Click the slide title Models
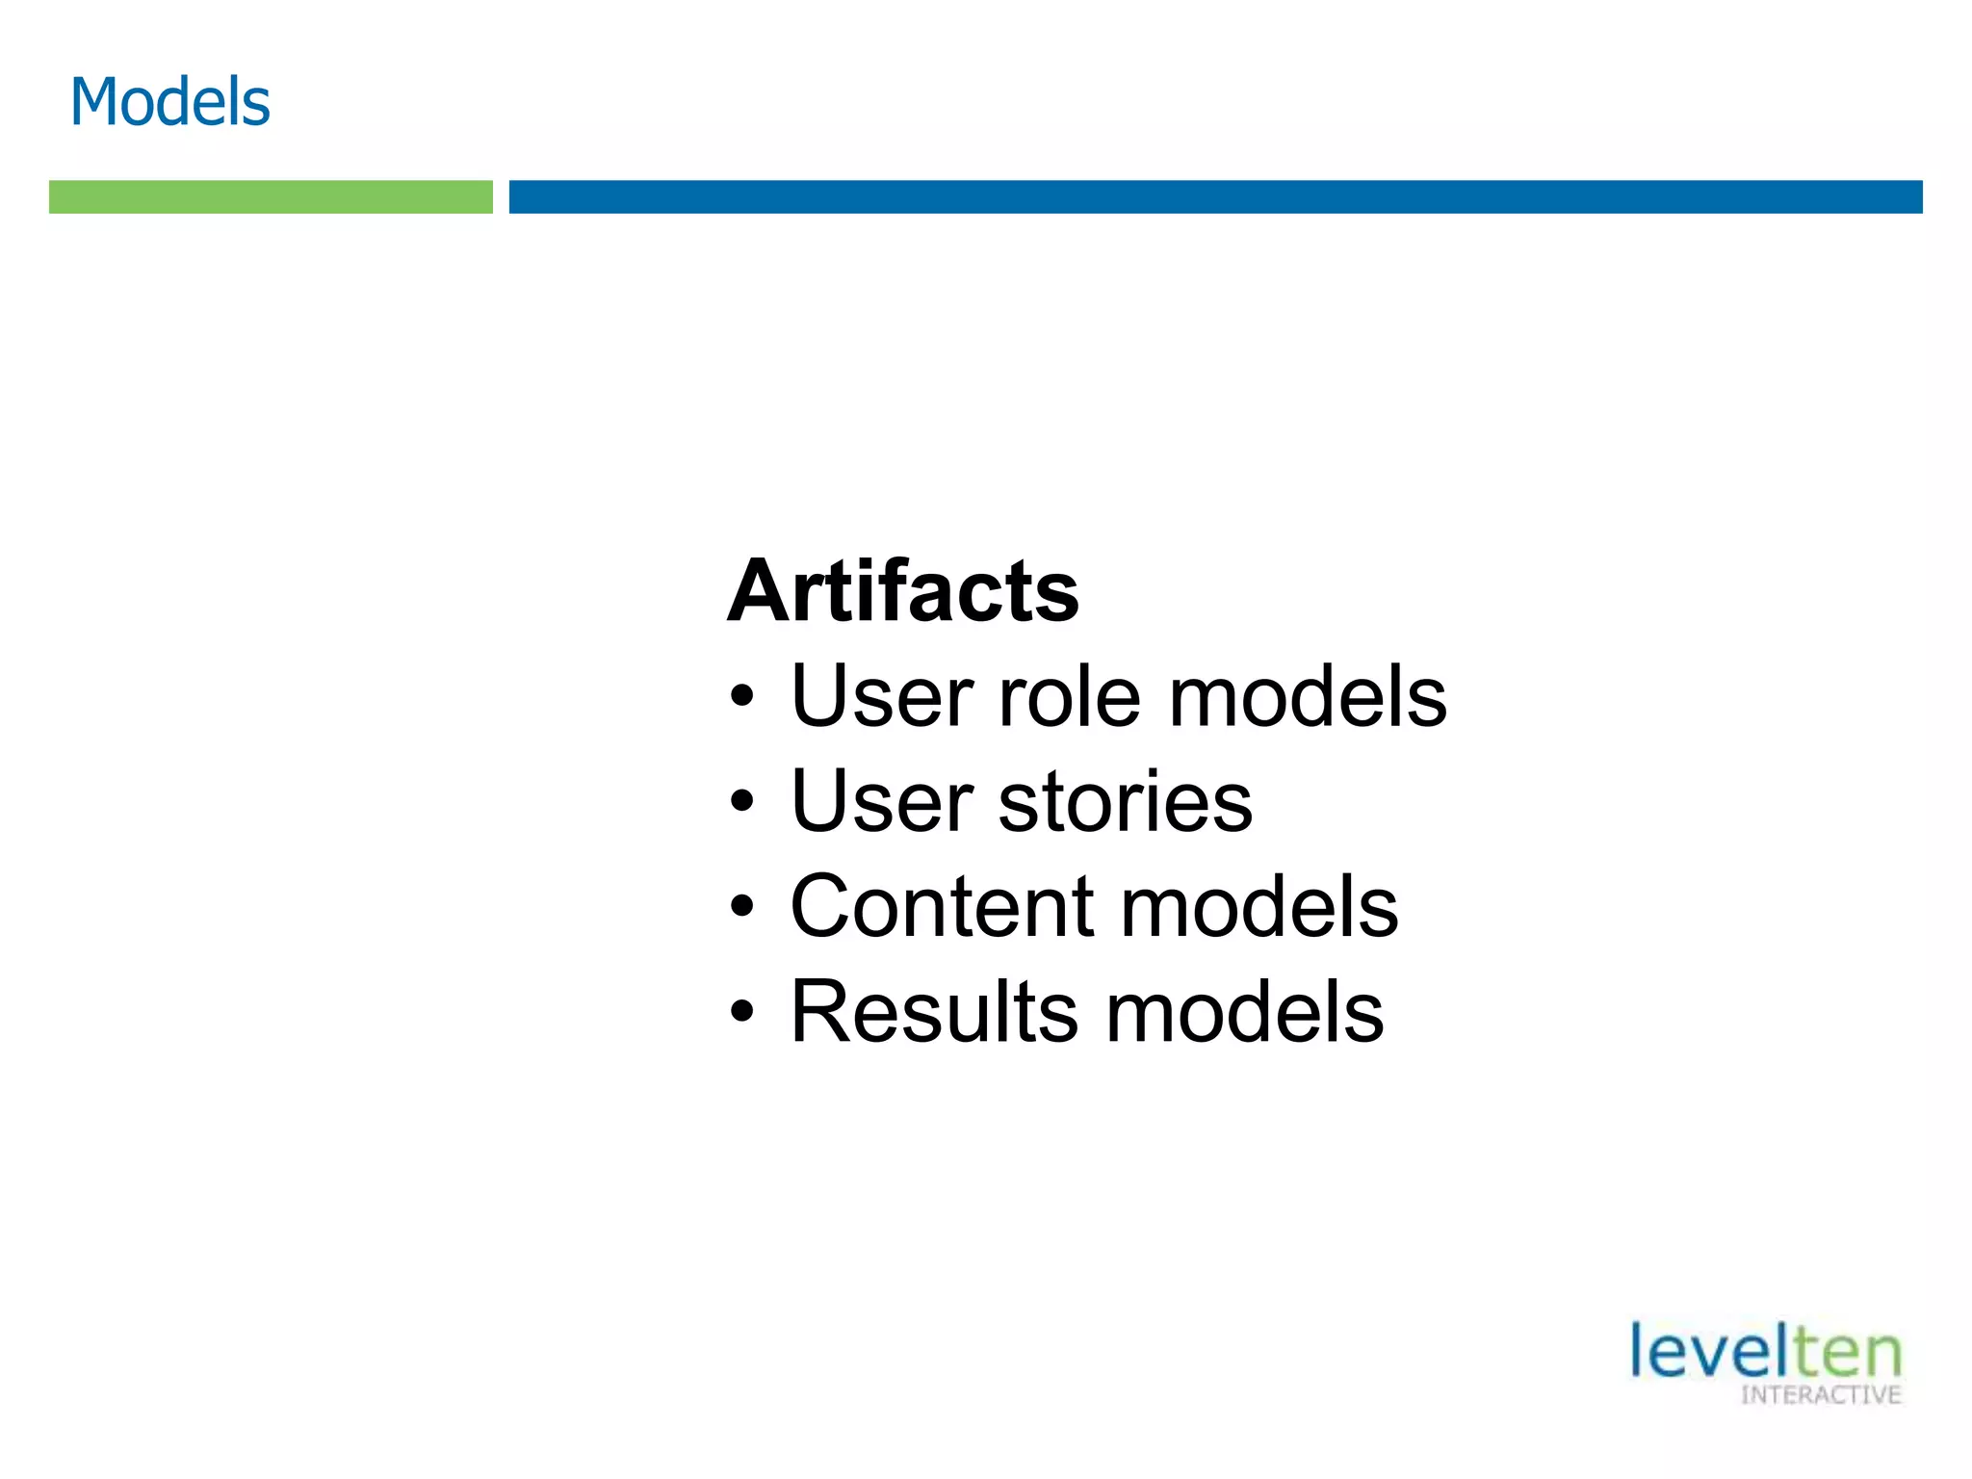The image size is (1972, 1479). tap(169, 101)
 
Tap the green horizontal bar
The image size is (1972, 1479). tap(271, 196)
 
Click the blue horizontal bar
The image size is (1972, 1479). tap(1215, 196)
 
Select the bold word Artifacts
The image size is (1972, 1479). tap(902, 591)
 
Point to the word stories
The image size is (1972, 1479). tap(1125, 801)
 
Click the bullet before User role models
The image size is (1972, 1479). tap(740, 698)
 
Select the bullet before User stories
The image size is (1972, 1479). tap(740, 803)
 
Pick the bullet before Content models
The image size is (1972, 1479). tap(740, 908)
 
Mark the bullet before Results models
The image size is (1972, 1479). tap(740, 1013)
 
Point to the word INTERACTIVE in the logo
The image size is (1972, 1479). tap(1821, 1395)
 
